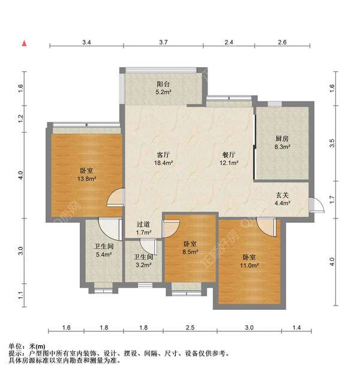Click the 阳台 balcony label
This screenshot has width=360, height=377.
tap(164, 85)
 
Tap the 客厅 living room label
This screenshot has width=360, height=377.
tap(164, 154)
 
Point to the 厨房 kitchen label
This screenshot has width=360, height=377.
tap(283, 137)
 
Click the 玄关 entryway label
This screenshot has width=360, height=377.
tap(283, 195)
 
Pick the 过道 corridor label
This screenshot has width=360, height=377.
tap(143, 224)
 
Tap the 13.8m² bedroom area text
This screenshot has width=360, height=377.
tap(87, 178)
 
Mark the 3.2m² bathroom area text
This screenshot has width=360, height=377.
tap(142, 265)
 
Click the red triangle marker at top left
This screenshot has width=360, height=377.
tap(25, 43)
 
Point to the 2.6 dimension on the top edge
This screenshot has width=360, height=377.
tap(283, 43)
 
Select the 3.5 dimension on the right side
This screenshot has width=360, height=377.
tap(332, 143)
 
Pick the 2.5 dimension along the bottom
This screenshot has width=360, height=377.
tap(190, 328)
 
